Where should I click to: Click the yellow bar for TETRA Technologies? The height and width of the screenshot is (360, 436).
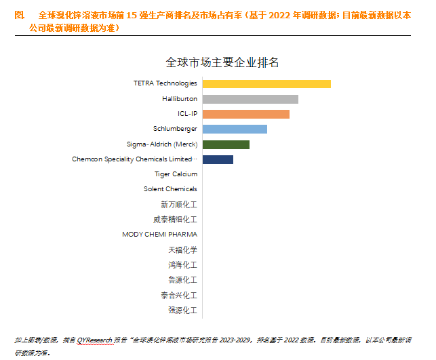(266, 83)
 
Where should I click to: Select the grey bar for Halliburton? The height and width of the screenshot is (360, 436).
(250, 99)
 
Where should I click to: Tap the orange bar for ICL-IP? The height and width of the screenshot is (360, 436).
(245, 114)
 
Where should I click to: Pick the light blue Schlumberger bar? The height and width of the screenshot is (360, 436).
(235, 129)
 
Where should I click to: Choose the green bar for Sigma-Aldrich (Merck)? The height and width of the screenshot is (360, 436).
(226, 144)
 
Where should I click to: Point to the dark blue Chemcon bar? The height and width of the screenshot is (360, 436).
(218, 159)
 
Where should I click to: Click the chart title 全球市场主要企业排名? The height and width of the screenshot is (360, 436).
(222, 62)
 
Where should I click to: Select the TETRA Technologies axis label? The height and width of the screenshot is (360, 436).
(165, 83)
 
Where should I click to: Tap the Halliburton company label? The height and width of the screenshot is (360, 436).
(180, 99)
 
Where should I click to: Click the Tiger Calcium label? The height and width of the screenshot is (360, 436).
(176, 174)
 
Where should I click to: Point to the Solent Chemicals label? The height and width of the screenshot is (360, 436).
(170, 189)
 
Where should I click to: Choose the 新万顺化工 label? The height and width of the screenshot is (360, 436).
(179, 204)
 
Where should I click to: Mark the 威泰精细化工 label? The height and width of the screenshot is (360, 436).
(175, 220)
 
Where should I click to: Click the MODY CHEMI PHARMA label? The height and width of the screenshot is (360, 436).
(159, 235)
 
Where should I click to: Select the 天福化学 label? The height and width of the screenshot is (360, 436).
(182, 249)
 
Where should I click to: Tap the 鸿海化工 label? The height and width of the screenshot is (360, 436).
(182, 264)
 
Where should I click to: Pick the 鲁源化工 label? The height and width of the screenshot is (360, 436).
(182, 280)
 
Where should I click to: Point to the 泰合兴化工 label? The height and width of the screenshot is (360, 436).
(179, 295)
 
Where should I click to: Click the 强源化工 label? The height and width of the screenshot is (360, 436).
(182, 310)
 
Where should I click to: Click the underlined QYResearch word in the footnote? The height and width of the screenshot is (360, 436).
(94, 339)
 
